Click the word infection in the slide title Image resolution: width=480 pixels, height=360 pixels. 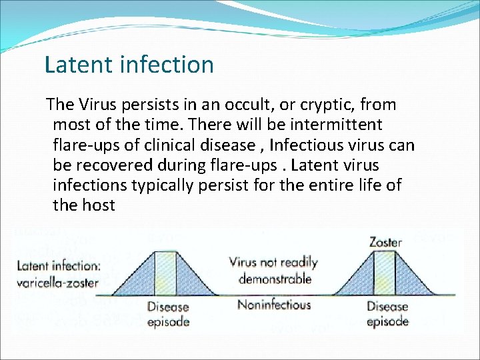(x=167, y=65)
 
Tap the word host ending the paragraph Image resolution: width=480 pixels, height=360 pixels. (x=99, y=205)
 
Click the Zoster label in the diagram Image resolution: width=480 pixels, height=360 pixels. (x=385, y=241)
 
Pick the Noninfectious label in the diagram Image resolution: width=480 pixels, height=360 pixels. (x=274, y=305)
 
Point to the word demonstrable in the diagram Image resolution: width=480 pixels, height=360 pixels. (x=275, y=279)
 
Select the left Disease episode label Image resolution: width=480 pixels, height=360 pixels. (x=168, y=313)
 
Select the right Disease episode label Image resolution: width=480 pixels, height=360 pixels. (x=387, y=313)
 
